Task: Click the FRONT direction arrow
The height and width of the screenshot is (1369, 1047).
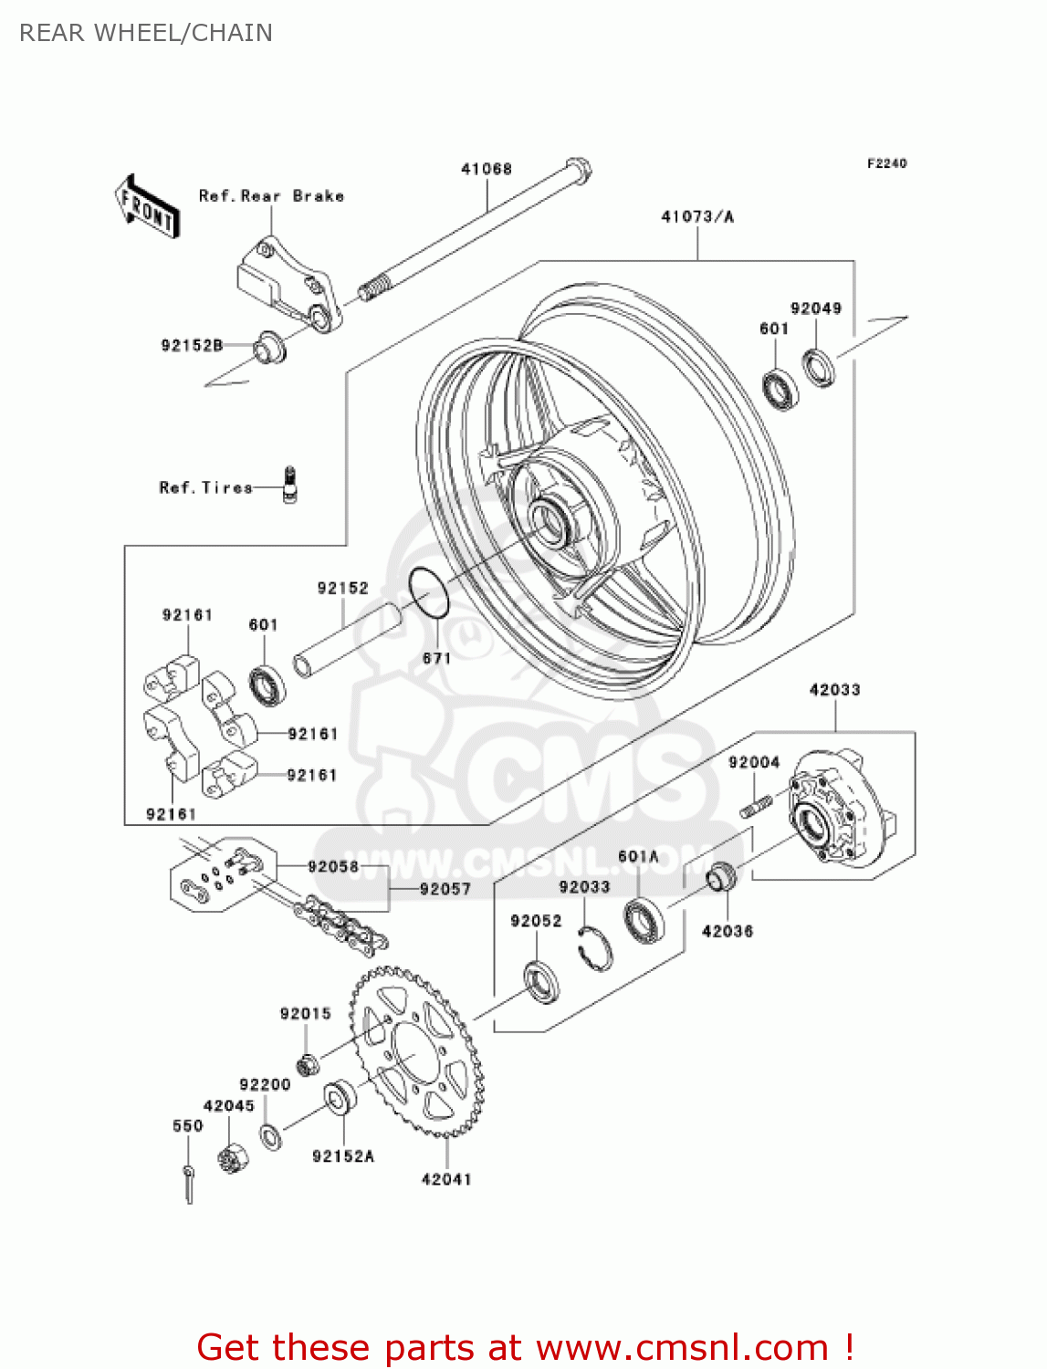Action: click(x=146, y=207)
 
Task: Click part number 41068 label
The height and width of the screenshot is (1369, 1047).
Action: click(x=487, y=169)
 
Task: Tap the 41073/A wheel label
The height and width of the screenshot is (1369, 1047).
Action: click(x=697, y=216)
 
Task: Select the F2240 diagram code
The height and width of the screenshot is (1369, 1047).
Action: click(x=886, y=163)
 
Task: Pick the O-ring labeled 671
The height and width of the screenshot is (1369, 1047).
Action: click(x=427, y=592)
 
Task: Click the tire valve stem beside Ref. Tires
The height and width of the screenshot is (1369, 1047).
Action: click(x=290, y=484)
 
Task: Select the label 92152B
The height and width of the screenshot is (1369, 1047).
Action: click(x=192, y=345)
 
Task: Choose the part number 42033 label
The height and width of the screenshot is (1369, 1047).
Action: click(x=834, y=690)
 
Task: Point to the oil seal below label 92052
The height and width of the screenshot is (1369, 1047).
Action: click(x=541, y=981)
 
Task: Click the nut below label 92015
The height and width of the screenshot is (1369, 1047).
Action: click(x=309, y=1063)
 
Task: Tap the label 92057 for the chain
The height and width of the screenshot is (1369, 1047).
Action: click(x=445, y=889)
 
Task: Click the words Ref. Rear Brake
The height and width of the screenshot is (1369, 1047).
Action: click(x=271, y=196)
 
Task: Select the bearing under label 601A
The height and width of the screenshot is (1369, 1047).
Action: click(x=644, y=920)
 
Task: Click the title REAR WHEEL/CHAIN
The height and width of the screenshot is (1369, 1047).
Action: click(x=146, y=33)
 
